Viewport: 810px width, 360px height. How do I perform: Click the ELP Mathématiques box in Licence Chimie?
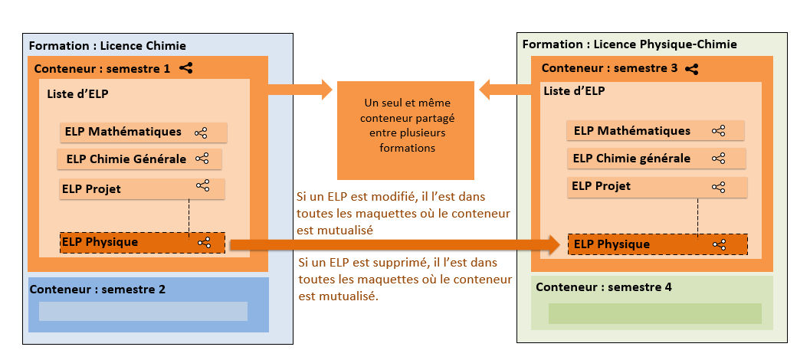click(144, 133)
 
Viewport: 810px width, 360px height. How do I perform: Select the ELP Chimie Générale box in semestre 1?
click(139, 159)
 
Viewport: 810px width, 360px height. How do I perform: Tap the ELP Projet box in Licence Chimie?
click(142, 188)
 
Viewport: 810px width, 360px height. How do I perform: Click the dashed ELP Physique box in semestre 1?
click(142, 243)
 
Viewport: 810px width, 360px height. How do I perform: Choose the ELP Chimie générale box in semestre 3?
click(657, 159)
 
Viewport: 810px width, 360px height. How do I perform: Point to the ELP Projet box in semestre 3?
click(657, 186)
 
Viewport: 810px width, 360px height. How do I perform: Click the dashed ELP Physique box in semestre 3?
click(657, 244)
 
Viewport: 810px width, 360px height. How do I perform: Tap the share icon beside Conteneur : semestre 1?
click(186, 68)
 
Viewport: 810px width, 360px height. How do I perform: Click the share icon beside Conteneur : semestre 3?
click(692, 68)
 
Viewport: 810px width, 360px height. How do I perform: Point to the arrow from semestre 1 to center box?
click(300, 90)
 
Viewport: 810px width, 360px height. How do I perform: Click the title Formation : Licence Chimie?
click(107, 45)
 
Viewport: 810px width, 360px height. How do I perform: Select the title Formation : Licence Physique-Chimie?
click(629, 44)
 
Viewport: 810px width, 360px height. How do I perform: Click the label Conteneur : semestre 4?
click(603, 287)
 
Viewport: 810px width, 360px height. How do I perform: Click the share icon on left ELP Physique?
click(204, 243)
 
